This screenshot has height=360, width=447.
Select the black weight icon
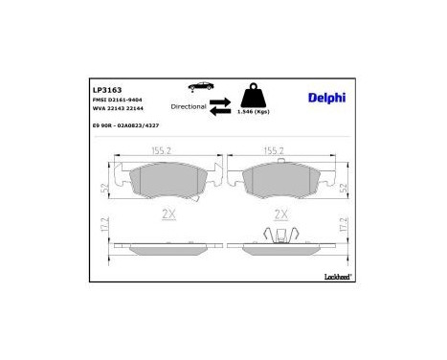point(257,97)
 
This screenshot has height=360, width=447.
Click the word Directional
point(187,106)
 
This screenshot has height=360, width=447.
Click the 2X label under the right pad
point(281,214)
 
